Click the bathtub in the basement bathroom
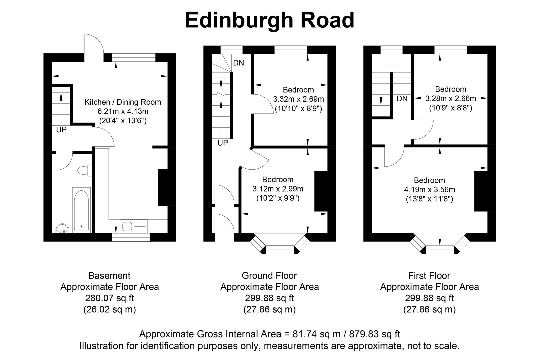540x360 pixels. (81, 209)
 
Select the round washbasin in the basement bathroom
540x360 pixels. (62, 229)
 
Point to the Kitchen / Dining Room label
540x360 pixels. (123, 102)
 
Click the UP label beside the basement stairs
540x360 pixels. (61, 130)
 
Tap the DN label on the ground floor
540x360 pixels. (238, 63)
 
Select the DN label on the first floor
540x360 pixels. (402, 99)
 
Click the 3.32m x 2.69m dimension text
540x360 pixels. (298, 99)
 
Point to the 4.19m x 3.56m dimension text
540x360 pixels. (429, 190)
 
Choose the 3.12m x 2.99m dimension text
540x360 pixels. (278, 189)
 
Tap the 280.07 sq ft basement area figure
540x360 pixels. (109, 298)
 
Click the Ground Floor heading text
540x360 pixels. (269, 276)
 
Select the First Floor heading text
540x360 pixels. (429, 276)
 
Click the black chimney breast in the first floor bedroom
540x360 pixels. (481, 191)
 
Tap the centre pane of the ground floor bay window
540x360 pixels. (280, 250)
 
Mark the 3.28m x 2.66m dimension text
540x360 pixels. (450, 98)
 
